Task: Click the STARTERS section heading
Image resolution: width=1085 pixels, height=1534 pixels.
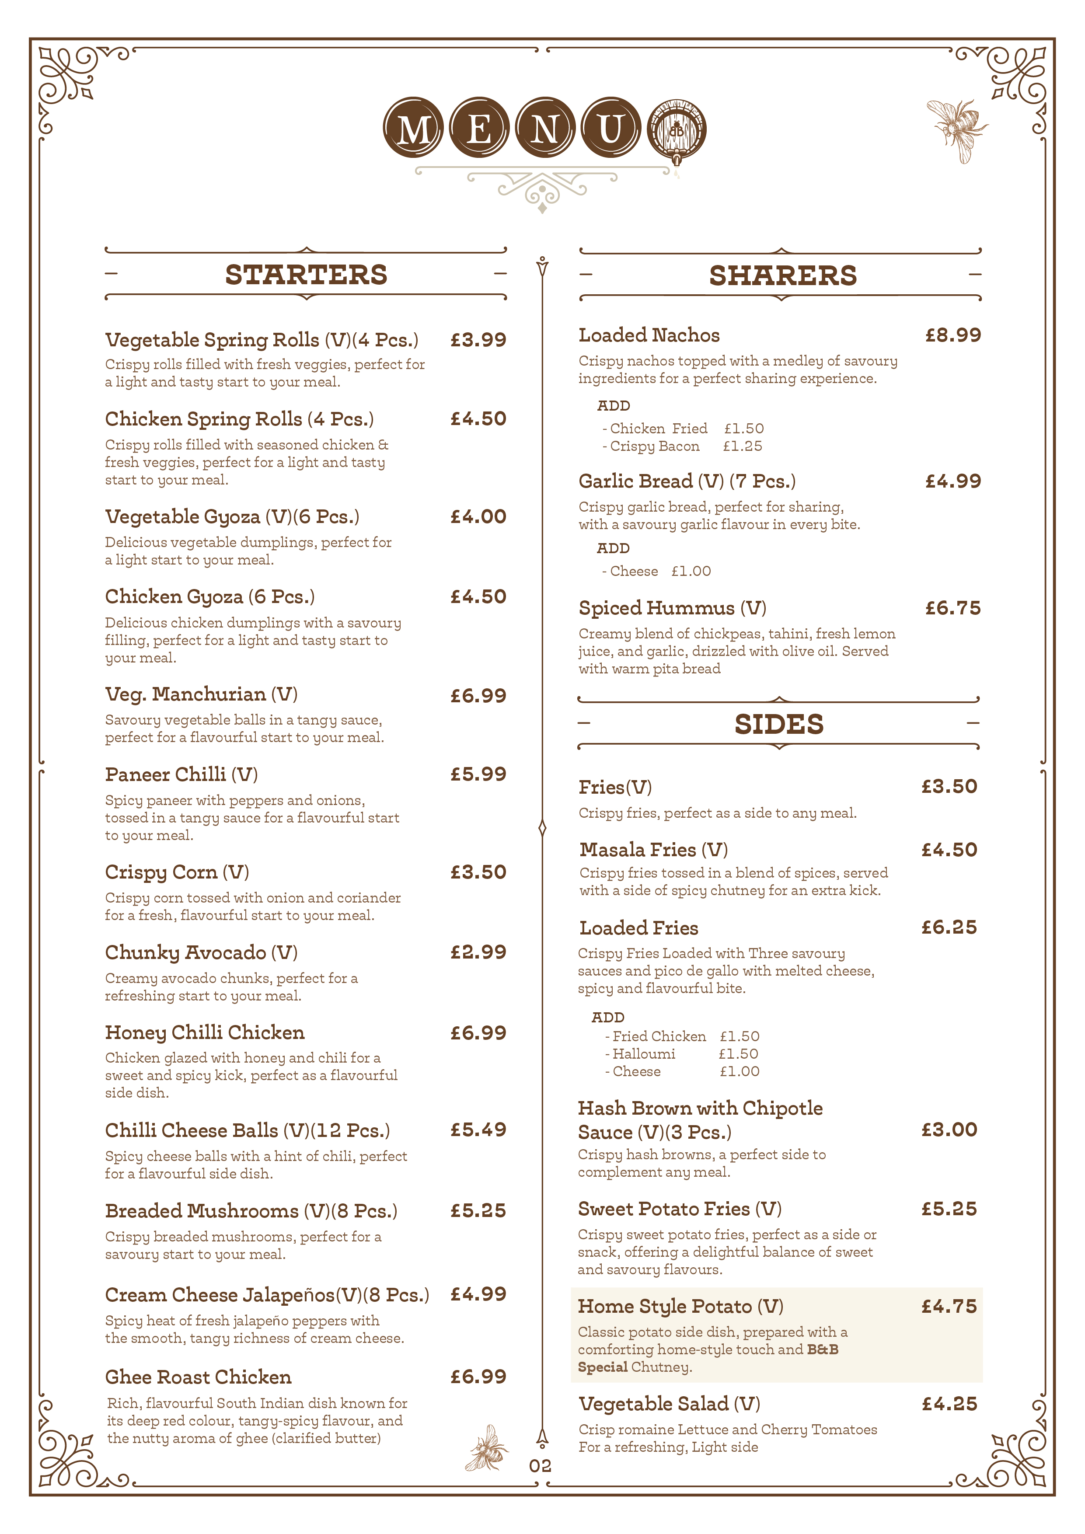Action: tap(306, 275)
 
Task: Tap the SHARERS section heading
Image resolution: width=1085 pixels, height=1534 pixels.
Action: tap(782, 275)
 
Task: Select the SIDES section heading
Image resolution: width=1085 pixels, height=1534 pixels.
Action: tap(778, 724)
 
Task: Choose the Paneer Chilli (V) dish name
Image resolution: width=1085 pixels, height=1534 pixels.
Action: tap(181, 774)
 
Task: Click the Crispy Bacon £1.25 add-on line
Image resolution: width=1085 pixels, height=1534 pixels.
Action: tap(683, 446)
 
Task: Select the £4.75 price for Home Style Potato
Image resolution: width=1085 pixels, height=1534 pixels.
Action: tap(949, 1306)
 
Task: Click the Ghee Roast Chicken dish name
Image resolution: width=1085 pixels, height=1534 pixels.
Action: tap(199, 1377)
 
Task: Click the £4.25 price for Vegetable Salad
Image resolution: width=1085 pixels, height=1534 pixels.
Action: tap(949, 1404)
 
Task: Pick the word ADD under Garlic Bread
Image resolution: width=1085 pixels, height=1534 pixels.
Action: tap(613, 548)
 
